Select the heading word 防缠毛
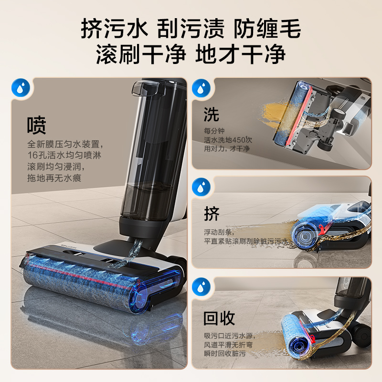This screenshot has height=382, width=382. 267,30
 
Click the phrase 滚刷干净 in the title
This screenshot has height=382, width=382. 141,54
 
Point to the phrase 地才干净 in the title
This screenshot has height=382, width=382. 241,54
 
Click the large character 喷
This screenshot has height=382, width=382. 37,126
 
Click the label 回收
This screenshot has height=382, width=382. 220,318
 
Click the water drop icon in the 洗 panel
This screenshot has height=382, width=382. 201,88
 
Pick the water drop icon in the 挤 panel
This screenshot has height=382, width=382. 201,187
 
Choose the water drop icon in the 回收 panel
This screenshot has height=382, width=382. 201,288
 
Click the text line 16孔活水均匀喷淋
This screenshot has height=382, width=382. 64,155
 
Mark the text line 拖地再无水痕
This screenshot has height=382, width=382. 54,179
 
